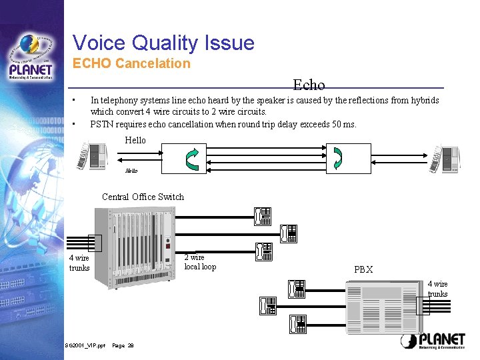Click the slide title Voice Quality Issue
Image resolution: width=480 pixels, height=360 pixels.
[163, 43]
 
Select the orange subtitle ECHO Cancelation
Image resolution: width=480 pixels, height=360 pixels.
[131, 64]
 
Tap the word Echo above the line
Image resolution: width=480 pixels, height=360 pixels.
[309, 85]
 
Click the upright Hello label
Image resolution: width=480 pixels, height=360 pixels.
[135, 140]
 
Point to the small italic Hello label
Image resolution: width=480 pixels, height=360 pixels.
[131, 171]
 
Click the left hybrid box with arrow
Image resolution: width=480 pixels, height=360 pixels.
[191, 157]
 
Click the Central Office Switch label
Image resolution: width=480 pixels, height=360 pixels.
[143, 197]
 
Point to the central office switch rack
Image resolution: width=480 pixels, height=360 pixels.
[136, 247]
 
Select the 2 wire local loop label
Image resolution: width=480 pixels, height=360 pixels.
[200, 262]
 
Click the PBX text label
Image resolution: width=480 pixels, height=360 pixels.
[363, 270]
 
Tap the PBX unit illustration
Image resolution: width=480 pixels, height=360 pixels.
[382, 305]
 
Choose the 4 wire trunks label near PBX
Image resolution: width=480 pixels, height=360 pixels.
[437, 289]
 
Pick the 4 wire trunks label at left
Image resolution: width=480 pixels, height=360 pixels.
[79, 263]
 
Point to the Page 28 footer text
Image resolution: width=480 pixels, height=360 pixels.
[123, 345]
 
